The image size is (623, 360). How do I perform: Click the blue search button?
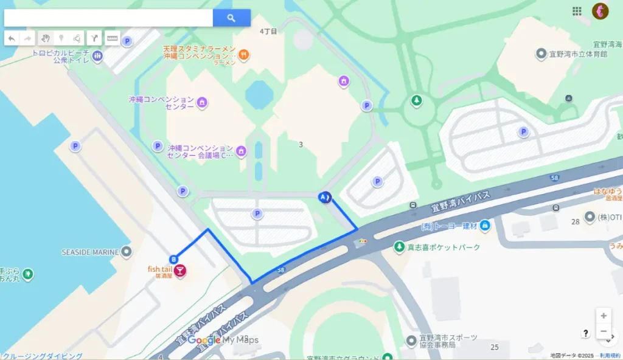tap(231, 18)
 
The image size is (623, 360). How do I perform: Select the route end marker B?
tap(173, 259)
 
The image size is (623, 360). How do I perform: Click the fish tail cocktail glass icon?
tap(180, 272)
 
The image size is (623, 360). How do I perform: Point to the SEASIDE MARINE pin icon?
tap(126, 251)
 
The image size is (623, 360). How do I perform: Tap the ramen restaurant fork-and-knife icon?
tap(244, 55)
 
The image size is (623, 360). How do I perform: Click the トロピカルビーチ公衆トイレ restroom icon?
tap(98, 56)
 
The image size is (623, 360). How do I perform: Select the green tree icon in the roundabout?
tap(416, 100)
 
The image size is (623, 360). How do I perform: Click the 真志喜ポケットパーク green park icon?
tap(399, 247)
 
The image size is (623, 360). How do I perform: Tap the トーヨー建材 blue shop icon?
tap(485, 226)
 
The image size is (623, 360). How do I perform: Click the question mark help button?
tap(585, 333)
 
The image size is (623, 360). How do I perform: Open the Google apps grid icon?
tap(577, 11)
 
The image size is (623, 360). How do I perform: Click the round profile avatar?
tap(600, 11)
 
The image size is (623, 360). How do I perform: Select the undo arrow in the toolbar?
tap(12, 38)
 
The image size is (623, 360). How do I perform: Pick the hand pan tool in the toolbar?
tap(46, 38)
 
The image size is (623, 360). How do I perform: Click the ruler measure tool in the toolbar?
tap(112, 38)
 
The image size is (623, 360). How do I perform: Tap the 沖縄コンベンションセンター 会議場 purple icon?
tap(242, 151)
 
